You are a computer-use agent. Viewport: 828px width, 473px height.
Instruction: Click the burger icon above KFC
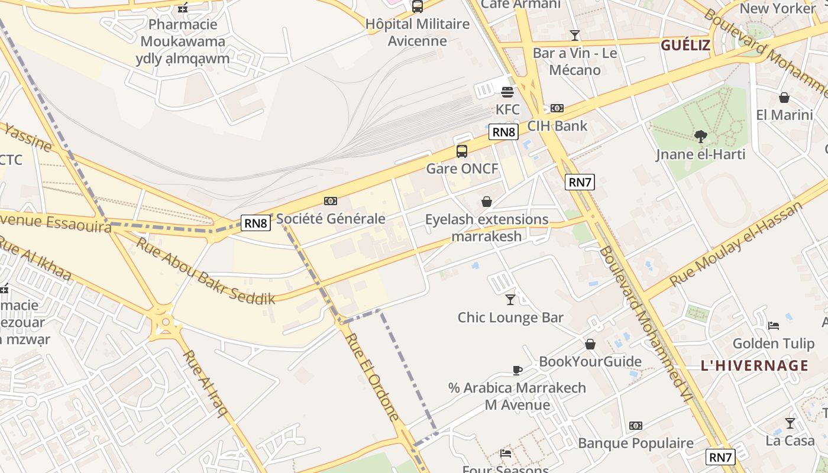[507, 92]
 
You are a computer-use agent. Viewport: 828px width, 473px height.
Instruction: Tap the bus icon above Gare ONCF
[462, 151]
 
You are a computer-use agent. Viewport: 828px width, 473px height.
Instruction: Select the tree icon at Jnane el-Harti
[701, 137]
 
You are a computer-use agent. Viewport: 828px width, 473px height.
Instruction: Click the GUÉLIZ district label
[685, 45]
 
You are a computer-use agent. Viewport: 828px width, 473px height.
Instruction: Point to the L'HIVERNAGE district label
[754, 365]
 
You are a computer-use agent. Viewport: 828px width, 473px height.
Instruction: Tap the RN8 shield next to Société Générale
[257, 223]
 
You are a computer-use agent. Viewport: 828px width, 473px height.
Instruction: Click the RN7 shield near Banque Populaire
[721, 456]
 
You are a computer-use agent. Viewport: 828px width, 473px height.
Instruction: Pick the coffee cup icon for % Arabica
[517, 371]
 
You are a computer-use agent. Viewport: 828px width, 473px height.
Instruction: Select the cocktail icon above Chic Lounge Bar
[510, 300]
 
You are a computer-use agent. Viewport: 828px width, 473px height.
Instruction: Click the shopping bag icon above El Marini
[784, 98]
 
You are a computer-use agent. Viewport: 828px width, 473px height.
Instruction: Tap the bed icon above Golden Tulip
[774, 326]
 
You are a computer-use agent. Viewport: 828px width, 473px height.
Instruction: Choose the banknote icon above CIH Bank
[557, 108]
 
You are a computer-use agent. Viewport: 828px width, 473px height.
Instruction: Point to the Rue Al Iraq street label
[205, 383]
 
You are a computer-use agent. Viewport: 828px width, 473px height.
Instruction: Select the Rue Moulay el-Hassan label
[737, 244]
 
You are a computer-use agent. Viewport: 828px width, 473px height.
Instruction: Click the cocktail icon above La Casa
[790, 423]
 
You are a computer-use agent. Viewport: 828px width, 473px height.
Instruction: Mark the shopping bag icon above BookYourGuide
[590, 344]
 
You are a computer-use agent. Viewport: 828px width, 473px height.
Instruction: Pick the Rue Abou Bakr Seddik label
[206, 270]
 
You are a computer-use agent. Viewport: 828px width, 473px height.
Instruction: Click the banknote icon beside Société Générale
[331, 201]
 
